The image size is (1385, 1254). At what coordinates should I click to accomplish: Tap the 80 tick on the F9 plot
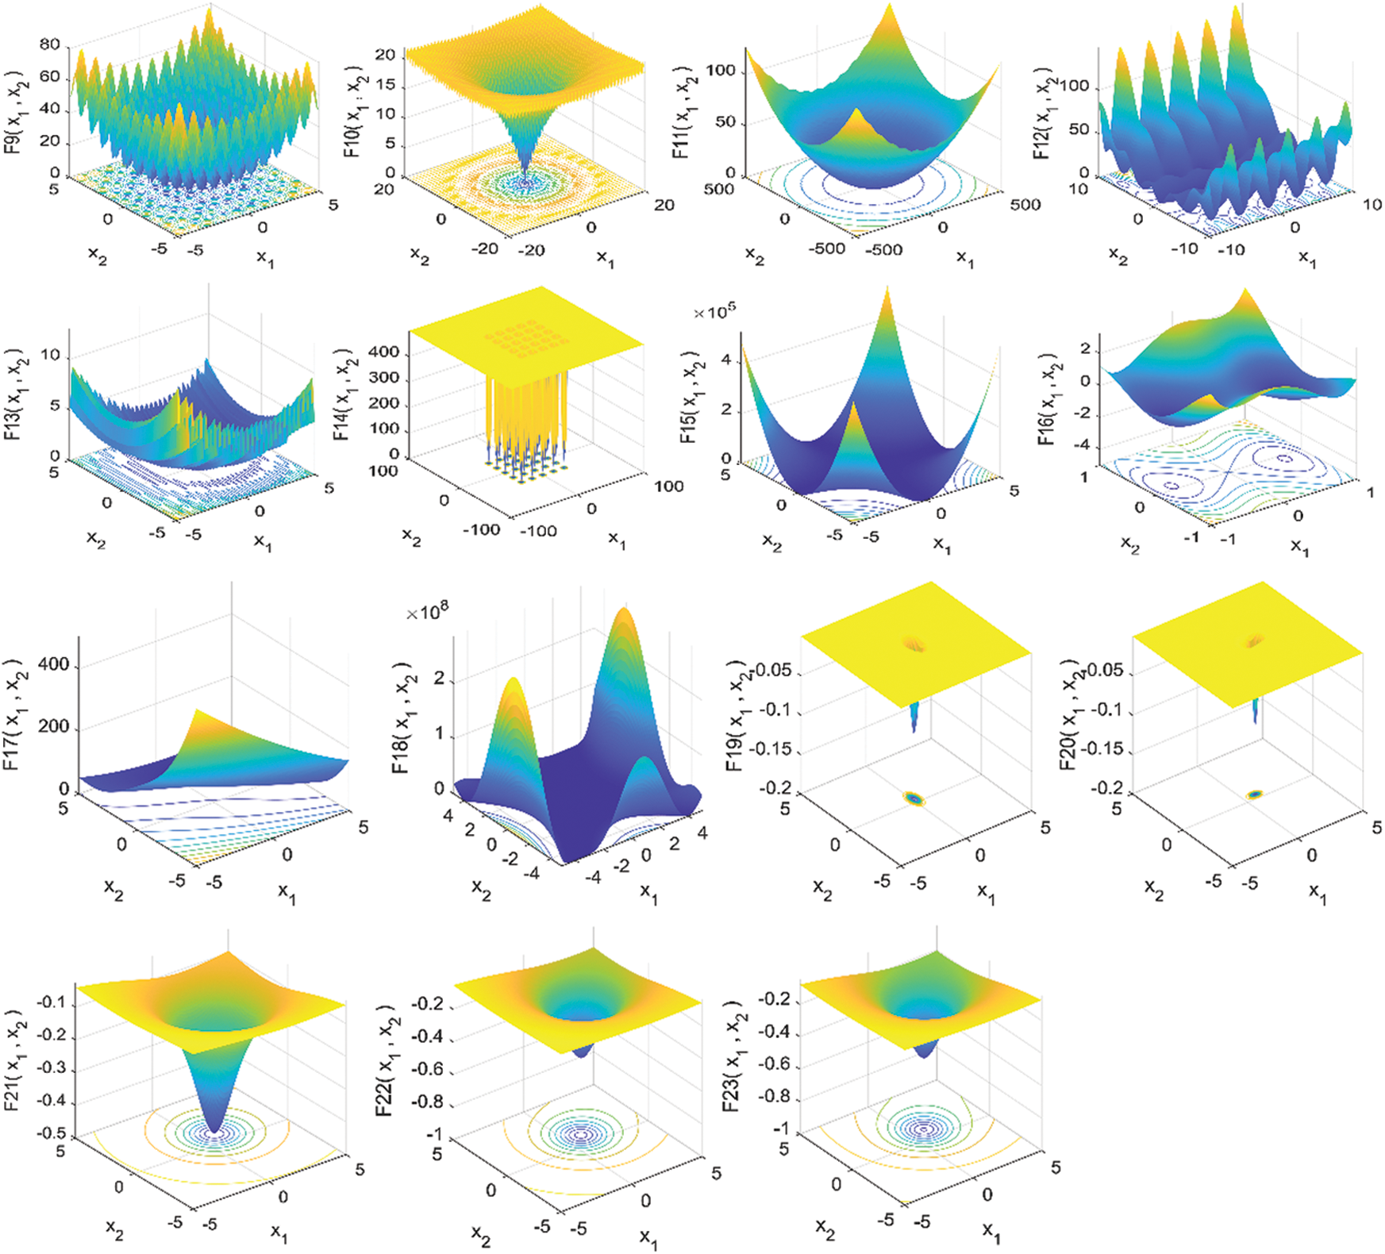(x=49, y=44)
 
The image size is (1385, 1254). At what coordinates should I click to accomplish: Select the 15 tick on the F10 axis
(x=385, y=84)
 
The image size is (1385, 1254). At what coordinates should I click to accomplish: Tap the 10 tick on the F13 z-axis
(x=50, y=355)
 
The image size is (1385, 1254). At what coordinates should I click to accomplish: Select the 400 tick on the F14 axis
(x=384, y=352)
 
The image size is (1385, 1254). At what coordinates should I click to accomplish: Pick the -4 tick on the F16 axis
(x=1081, y=445)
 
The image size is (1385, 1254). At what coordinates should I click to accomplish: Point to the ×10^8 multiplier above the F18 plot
(x=427, y=612)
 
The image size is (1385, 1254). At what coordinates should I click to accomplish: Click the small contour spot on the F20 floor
(x=1254, y=794)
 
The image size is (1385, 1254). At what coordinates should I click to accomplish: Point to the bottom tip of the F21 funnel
(x=214, y=1127)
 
